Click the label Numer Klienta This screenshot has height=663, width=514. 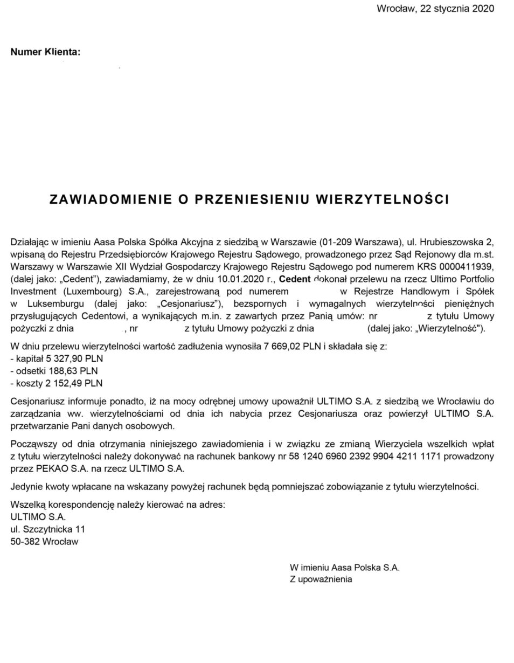[45, 52]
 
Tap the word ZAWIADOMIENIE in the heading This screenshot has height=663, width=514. [109, 199]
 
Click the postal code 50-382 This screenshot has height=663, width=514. [24, 541]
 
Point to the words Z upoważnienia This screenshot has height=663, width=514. [321, 579]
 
